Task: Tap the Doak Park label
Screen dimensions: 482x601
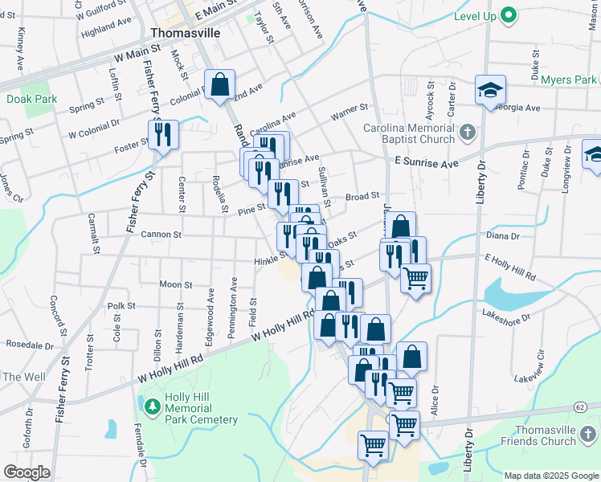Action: coord(31,99)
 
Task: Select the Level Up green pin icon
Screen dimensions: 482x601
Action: coord(508,14)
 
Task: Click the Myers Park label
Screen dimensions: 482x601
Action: coord(568,80)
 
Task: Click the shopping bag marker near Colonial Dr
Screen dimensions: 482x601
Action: coord(220,85)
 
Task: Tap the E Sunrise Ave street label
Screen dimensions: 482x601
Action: coord(426,163)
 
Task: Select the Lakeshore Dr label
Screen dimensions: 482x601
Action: coord(506,317)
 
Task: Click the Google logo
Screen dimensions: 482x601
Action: coord(27,472)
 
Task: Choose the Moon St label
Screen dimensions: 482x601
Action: coord(175,284)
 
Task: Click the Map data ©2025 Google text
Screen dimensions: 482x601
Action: coord(551,476)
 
